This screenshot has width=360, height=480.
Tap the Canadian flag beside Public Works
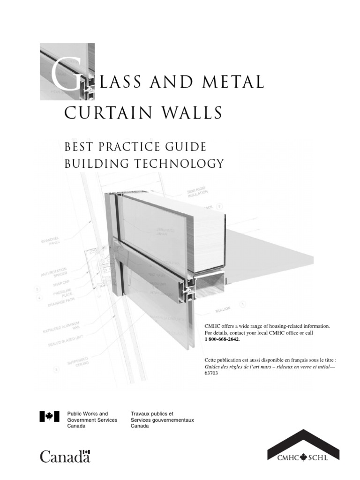click(49, 416)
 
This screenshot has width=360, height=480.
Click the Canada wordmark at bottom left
click(65, 456)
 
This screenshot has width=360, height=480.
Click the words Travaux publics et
click(152, 414)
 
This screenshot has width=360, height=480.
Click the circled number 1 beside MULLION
click(243, 305)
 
